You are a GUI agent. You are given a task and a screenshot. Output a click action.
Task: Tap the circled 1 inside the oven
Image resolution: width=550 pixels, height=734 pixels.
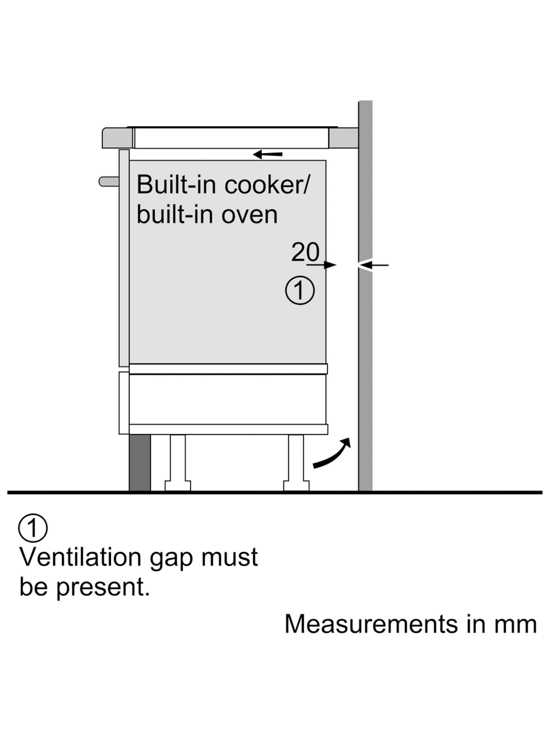[300, 290]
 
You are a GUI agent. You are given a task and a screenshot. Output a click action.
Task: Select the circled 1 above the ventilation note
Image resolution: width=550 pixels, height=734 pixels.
[33, 528]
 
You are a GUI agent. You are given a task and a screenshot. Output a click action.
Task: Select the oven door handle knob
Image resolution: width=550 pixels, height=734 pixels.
[109, 182]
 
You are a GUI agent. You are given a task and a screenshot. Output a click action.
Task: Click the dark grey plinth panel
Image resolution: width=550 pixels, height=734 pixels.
[140, 463]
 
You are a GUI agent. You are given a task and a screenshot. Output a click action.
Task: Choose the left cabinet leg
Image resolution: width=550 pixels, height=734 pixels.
[178, 463]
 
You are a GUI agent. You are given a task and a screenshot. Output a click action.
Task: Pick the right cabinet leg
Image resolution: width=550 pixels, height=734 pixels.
[296, 463]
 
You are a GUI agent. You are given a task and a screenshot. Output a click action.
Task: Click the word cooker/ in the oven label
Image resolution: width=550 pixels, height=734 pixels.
[266, 185]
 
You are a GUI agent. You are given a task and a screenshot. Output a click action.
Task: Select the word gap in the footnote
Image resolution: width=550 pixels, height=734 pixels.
[171, 558]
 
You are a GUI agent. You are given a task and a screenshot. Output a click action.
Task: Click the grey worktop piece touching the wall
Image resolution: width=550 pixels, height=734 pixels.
[343, 138]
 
